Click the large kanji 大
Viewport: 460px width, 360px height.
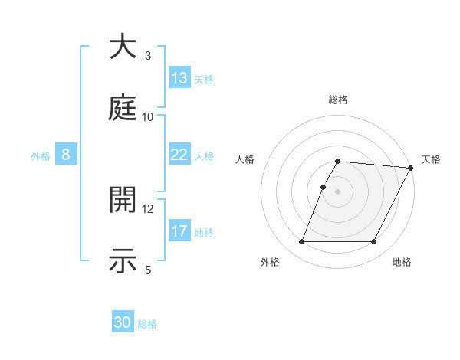tap(123, 47)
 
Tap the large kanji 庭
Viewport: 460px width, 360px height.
tap(123, 110)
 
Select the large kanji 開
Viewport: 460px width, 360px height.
tap(123, 201)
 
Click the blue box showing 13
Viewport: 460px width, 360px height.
tap(179, 78)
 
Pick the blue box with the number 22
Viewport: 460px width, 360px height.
tap(179, 155)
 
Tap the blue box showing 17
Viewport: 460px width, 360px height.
tap(179, 231)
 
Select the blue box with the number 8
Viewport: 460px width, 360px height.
tap(66, 155)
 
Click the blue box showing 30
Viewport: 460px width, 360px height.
tap(123, 323)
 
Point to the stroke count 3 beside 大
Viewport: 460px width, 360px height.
tap(148, 56)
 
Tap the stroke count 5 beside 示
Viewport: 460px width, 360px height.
tap(148, 270)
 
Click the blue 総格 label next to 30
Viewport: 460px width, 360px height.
tap(147, 324)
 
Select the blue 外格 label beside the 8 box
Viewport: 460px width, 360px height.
tap(41, 155)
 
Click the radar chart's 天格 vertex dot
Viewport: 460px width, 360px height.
tap(411, 168)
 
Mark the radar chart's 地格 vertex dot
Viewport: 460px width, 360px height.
tap(374, 242)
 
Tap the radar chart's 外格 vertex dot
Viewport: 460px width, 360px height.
tap(301, 242)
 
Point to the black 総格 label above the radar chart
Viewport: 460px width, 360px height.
tap(338, 100)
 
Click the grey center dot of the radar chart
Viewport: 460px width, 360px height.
tap(338, 191)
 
